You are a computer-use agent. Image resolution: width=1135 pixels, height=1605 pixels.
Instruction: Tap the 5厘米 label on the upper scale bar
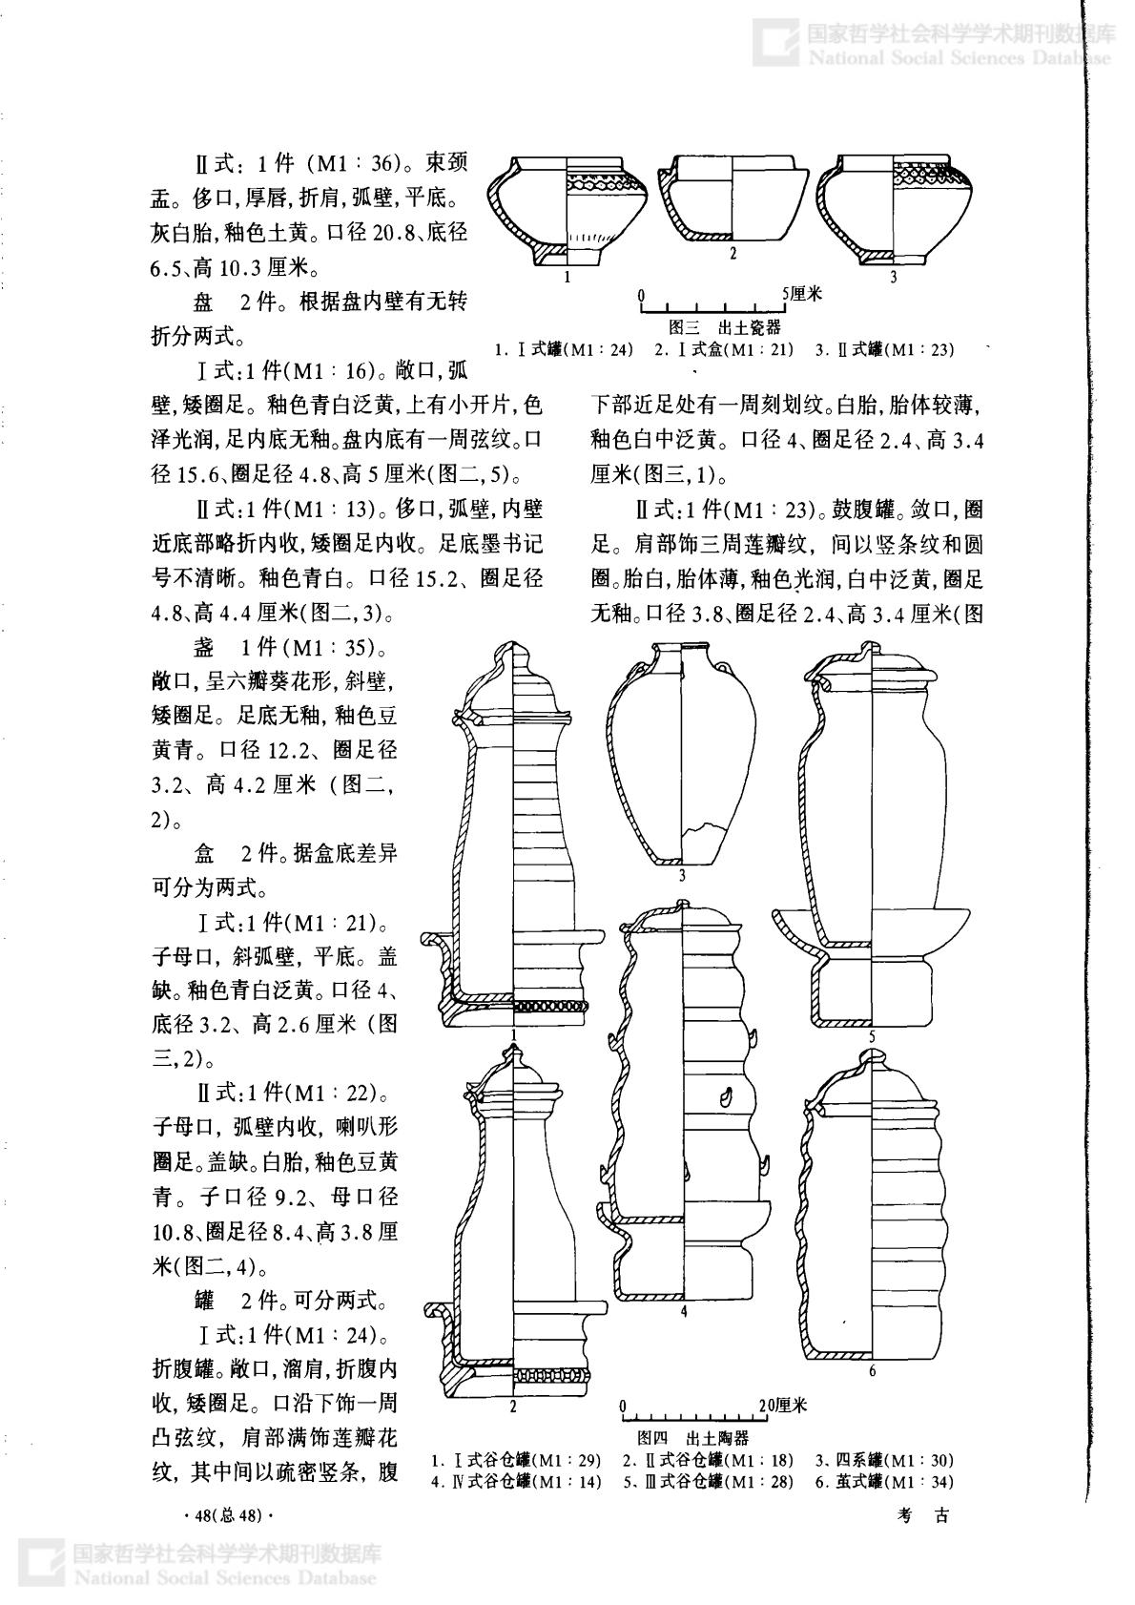802,293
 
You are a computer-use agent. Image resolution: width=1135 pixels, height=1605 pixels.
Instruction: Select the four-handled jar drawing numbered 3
682,754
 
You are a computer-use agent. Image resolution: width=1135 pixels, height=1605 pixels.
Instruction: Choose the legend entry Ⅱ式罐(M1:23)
884,350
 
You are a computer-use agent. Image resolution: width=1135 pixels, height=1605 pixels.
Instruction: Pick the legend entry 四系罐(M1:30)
884,1460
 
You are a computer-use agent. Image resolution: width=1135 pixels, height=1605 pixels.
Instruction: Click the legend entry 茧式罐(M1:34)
884,1482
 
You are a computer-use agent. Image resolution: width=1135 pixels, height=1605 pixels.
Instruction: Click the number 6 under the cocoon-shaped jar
872,1372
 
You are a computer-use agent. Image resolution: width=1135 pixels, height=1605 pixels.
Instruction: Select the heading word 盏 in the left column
203,649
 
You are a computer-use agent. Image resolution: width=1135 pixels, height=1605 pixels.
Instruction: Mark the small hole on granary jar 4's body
727,1095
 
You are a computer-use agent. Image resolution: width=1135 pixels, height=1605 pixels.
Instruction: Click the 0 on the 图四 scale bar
623,1406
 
